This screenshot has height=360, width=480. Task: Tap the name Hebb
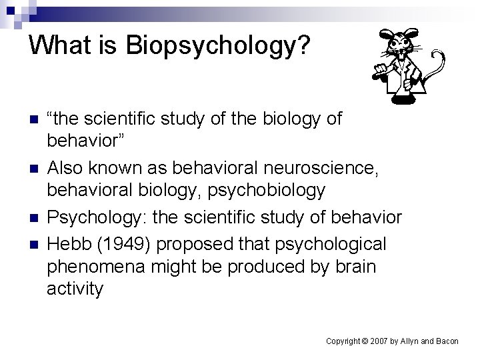click(69, 244)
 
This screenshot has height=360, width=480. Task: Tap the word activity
click(75, 289)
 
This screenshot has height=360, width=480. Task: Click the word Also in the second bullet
click(66, 169)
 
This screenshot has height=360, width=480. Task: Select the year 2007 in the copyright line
click(379, 341)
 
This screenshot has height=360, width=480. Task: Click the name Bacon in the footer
click(446, 341)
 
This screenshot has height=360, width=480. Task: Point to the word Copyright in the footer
click(343, 341)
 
